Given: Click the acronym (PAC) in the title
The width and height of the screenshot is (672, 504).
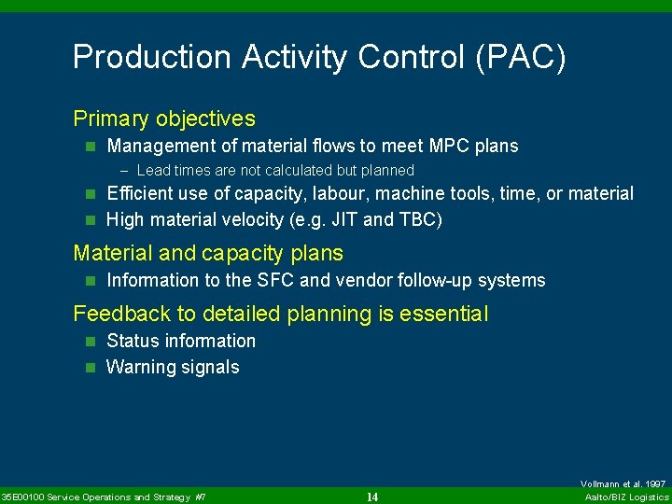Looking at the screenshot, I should pyautogui.click(x=520, y=58).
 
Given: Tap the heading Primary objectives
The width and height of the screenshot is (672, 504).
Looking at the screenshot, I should pyautogui.click(x=164, y=119).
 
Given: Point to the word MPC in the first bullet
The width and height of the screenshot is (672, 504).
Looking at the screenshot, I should pyautogui.click(x=454, y=146).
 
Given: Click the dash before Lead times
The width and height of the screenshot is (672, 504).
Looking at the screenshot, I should pyautogui.click(x=126, y=171).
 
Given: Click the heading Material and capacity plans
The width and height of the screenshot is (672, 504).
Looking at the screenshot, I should pyautogui.click(x=208, y=253).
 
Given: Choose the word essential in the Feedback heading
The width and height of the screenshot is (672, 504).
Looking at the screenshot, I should pyautogui.click(x=443, y=314).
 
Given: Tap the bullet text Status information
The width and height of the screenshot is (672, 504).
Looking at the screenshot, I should pyautogui.click(x=181, y=341).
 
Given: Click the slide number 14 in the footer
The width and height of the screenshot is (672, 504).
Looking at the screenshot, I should pyautogui.click(x=371, y=497).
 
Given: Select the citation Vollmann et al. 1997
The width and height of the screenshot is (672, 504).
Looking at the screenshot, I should pyautogui.click(x=623, y=484).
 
